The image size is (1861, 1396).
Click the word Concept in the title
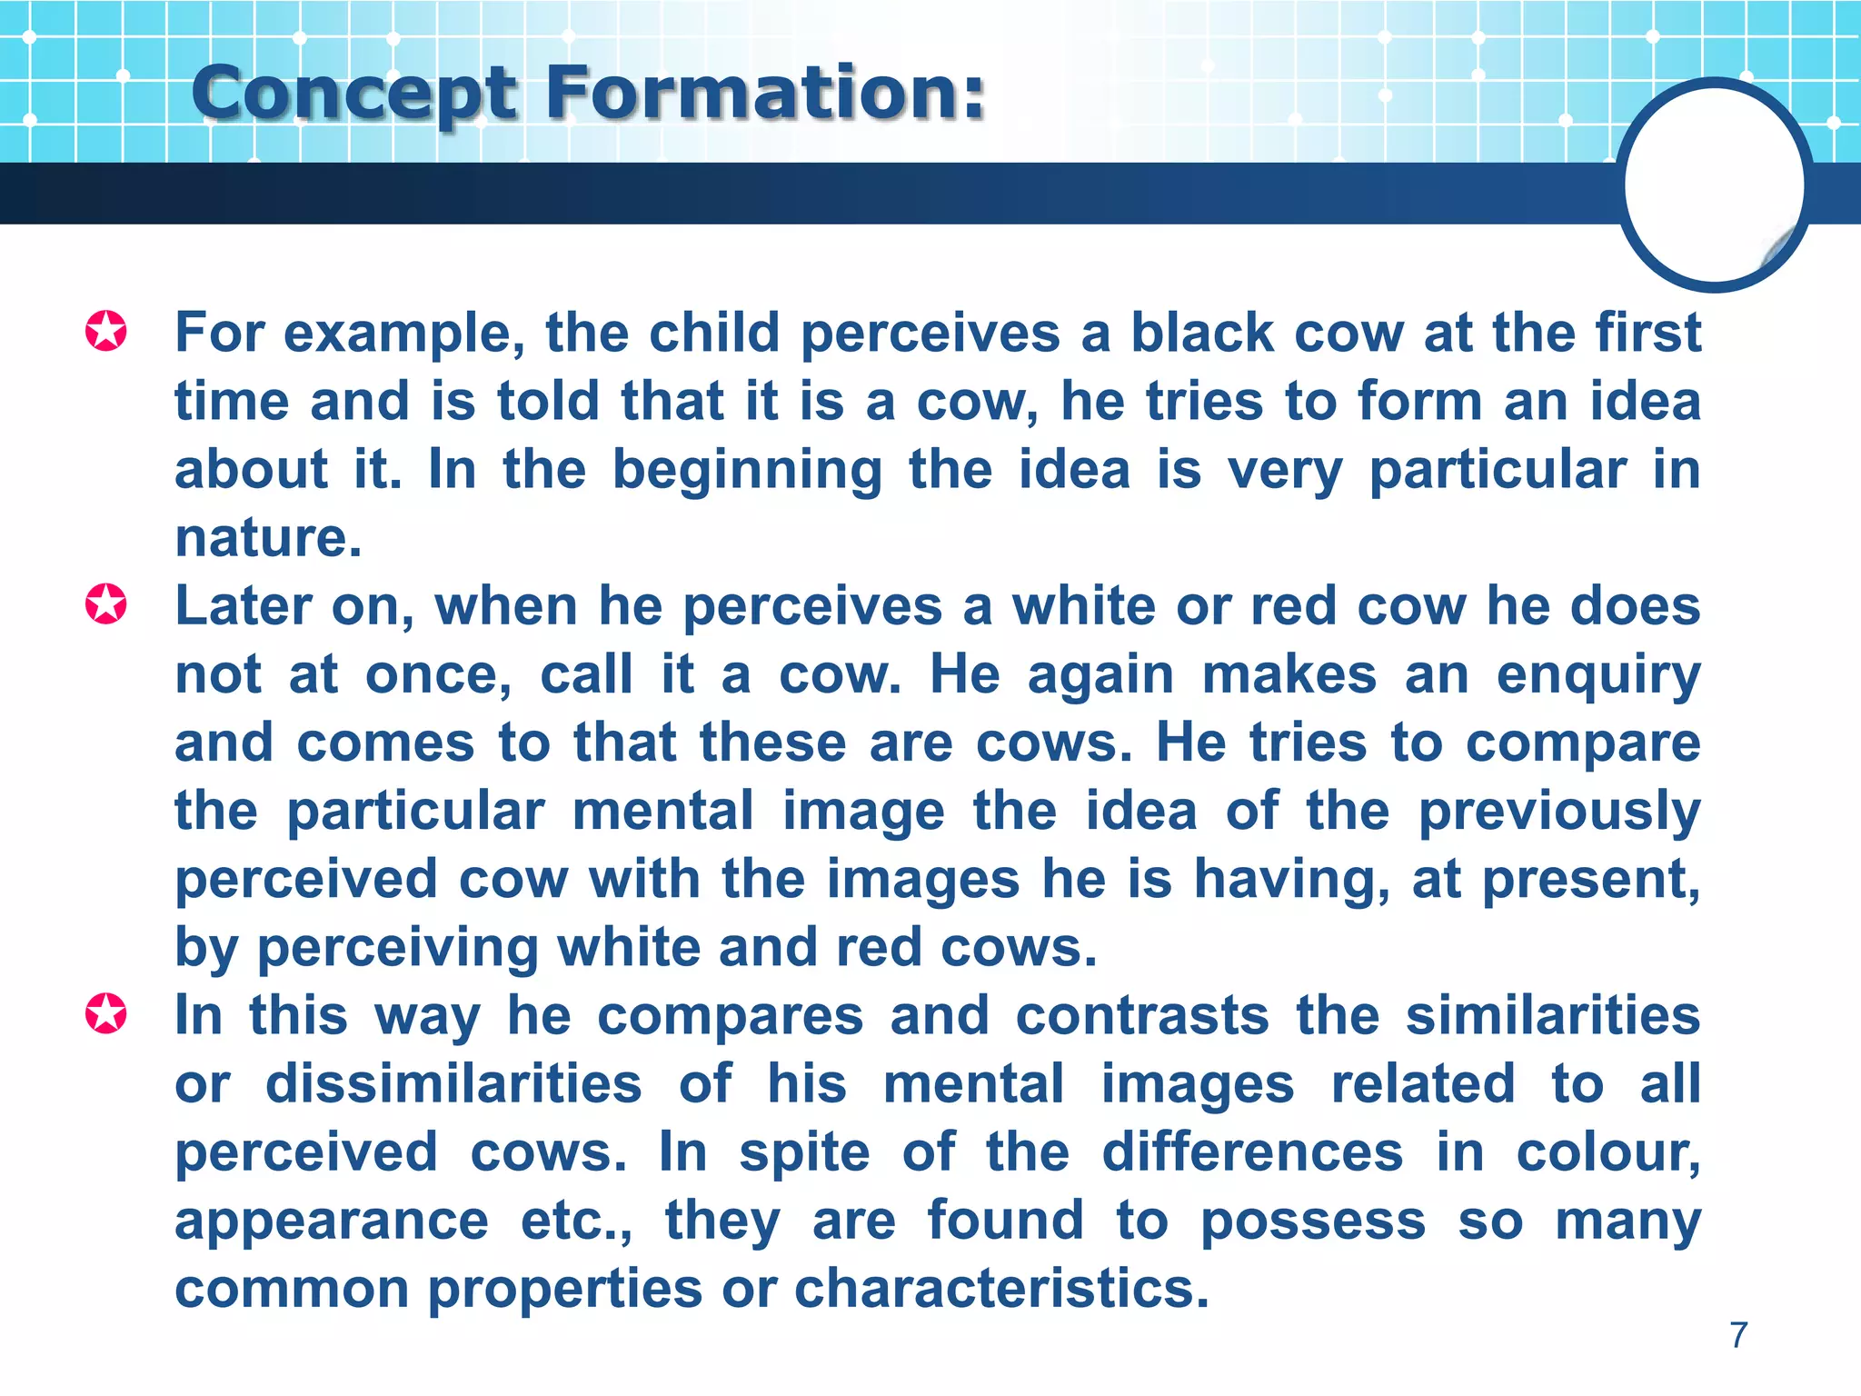353,95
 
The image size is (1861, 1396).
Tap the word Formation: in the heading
765,93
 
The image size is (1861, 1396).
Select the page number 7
1738,1335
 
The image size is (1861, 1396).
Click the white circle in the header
1714,184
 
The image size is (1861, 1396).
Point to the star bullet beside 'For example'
106,331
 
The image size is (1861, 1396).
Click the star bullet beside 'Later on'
106,604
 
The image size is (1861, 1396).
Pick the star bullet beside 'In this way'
106,1013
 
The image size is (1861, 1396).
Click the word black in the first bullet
1201,333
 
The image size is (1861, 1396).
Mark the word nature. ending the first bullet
268,538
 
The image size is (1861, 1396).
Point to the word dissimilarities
453,1084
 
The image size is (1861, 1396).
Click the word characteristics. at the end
1001,1289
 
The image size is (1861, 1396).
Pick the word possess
1313,1221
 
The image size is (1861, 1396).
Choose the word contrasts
1142,1015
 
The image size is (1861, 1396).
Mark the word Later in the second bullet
243,606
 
